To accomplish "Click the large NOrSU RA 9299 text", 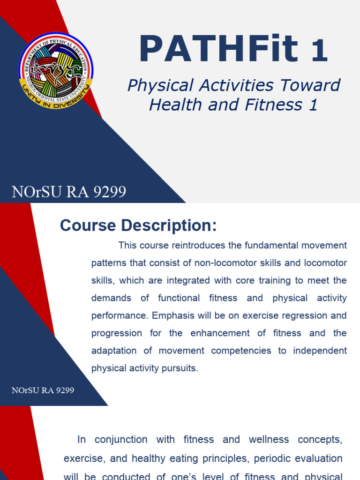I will tap(69, 192).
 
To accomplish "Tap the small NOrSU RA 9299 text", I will tap(43, 390).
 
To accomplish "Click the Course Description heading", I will tap(138, 226).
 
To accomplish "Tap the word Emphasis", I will tap(169, 315).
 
